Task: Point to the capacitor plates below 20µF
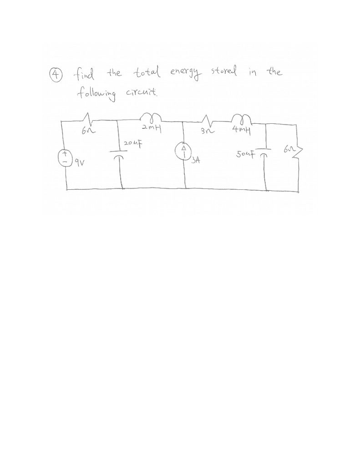(121, 156)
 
